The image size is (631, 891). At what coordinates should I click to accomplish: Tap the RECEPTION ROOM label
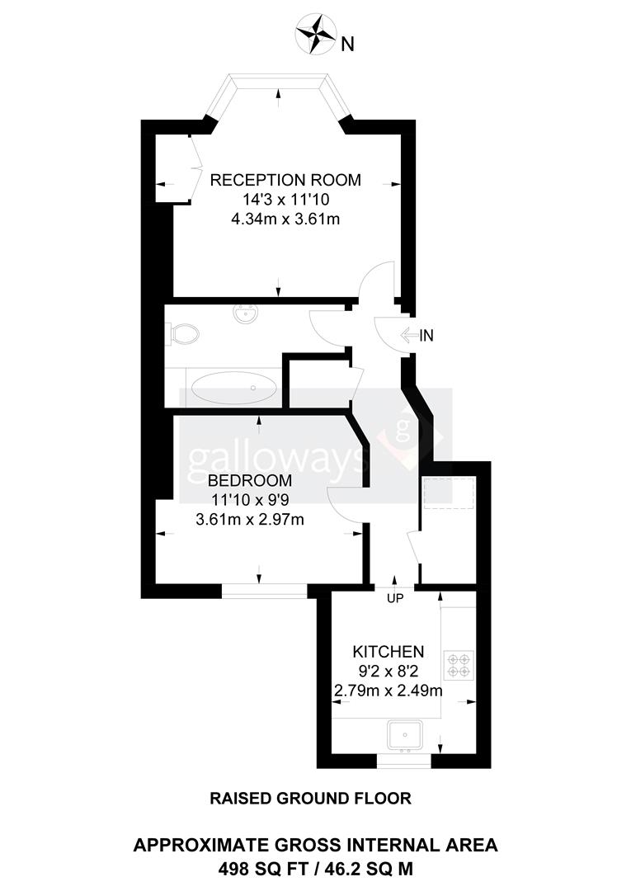tap(285, 180)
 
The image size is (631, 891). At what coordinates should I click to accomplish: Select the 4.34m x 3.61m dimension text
tap(285, 219)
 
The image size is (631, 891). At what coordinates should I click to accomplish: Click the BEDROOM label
tap(250, 480)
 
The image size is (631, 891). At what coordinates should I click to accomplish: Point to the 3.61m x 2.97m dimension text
tap(250, 519)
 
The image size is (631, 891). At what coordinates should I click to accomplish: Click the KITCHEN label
tap(388, 652)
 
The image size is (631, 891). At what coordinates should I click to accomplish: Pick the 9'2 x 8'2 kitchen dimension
tap(388, 672)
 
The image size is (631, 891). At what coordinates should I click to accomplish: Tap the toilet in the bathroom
tap(183, 334)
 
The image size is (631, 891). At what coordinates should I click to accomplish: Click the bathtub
tap(234, 388)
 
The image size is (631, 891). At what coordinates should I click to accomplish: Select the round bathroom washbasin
tap(245, 314)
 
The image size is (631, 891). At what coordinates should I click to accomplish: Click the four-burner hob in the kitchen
tap(458, 664)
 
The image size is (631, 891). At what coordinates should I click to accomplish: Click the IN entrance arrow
tap(417, 335)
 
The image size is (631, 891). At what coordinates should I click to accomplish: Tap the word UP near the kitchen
tap(395, 598)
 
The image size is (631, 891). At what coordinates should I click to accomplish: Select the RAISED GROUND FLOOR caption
tap(310, 798)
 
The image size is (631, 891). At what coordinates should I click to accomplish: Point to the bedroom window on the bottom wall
tap(264, 590)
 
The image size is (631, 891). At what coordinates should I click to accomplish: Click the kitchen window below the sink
tap(404, 761)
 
